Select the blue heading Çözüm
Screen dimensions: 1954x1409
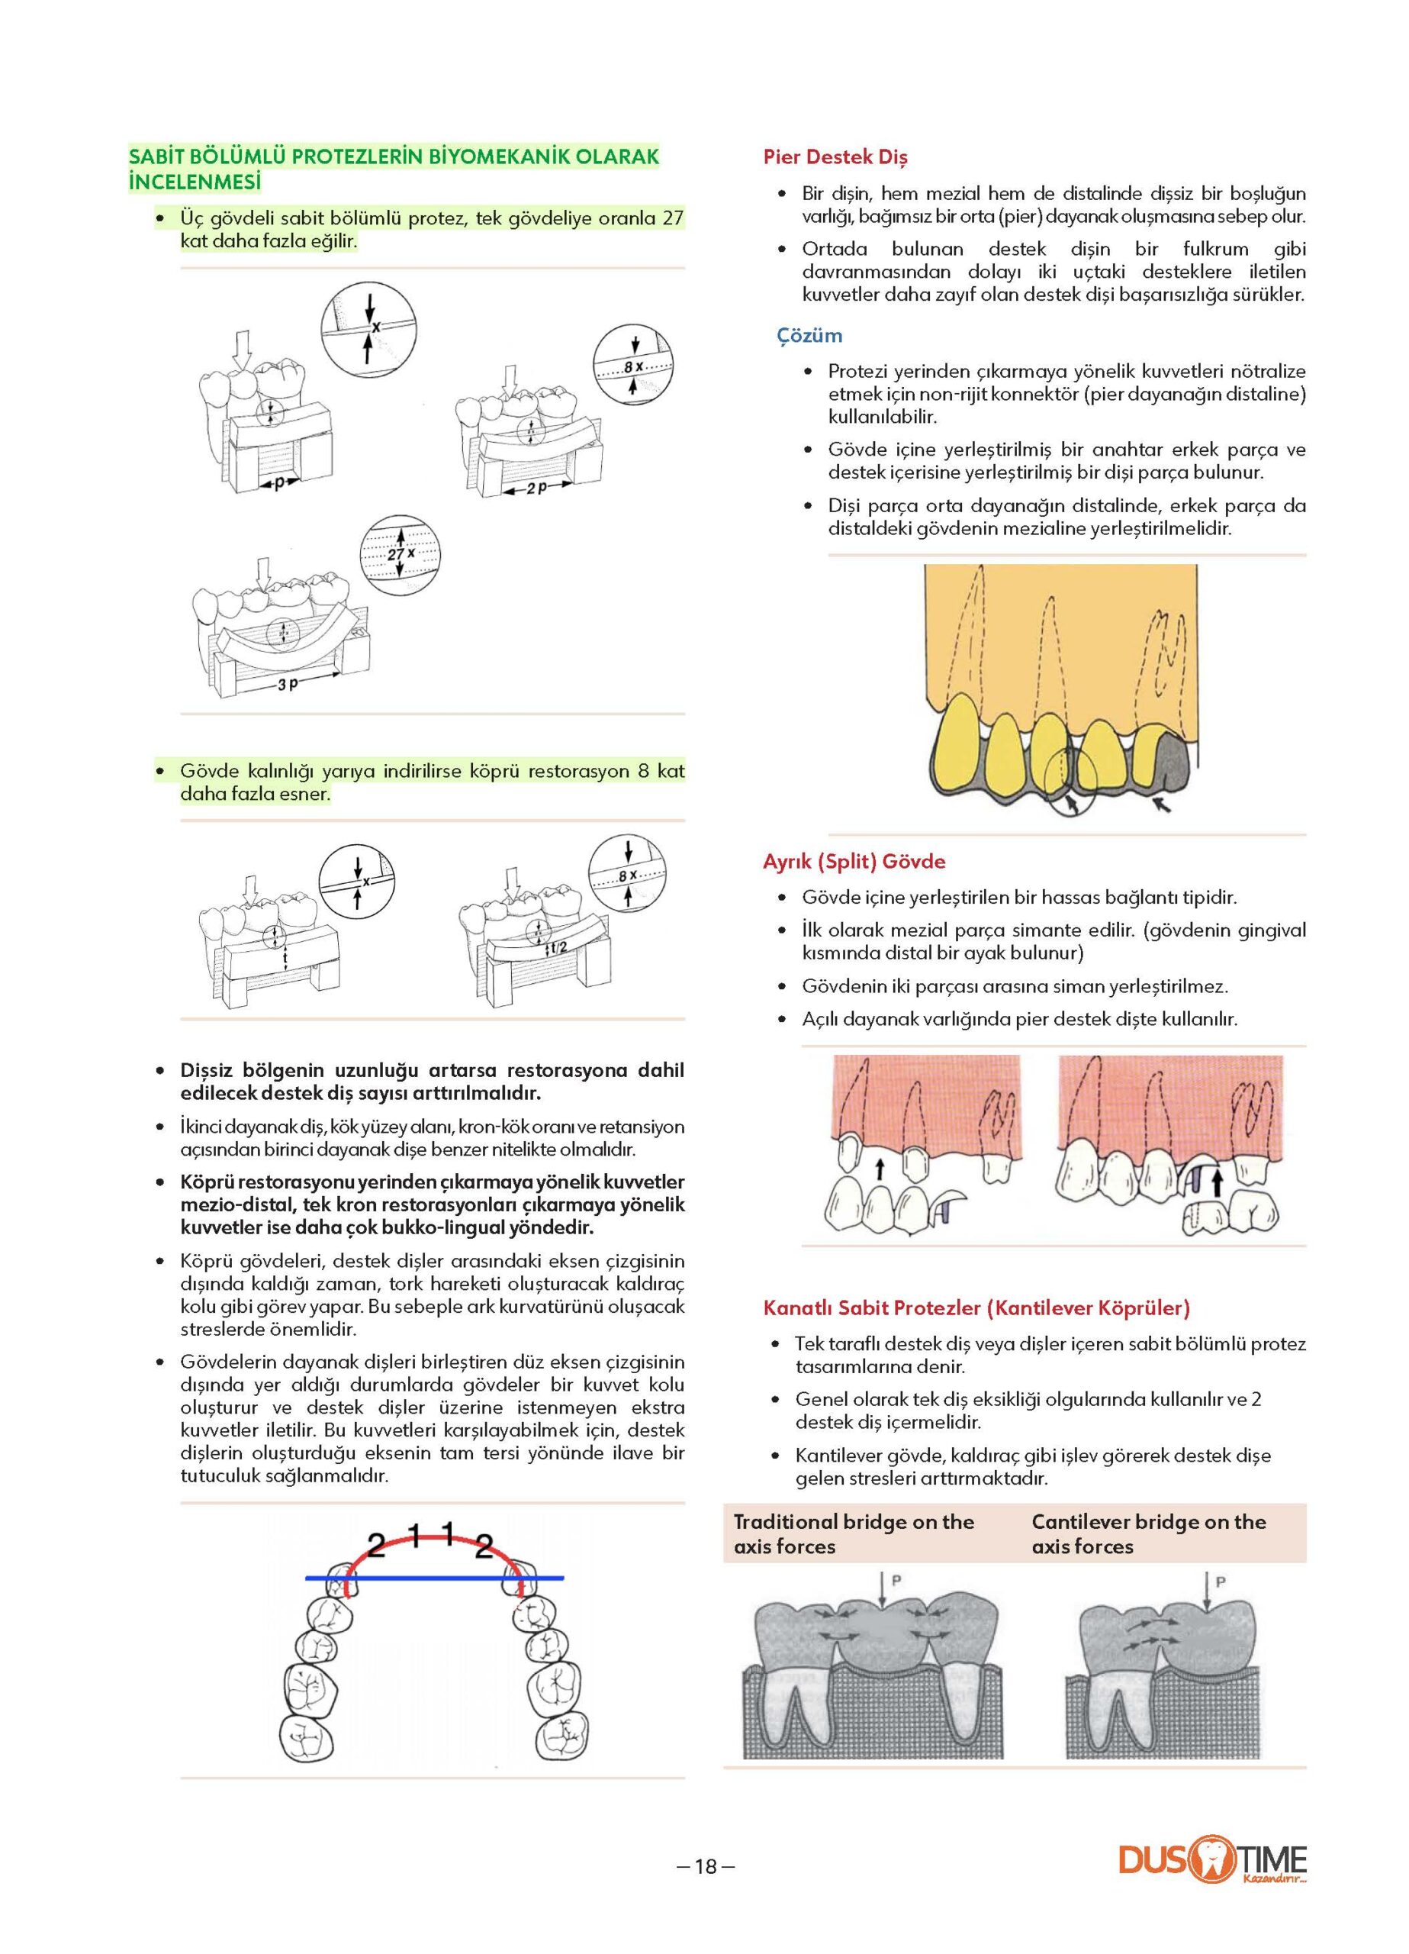[x=809, y=335]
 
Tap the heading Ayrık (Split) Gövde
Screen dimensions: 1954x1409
[x=854, y=861]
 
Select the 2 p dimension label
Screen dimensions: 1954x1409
[x=536, y=488]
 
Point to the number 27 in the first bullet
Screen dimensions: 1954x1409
[x=672, y=218]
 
